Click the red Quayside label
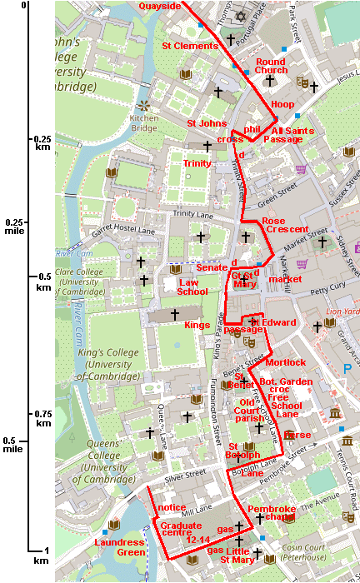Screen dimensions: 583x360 click(160, 6)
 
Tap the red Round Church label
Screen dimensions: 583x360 click(271, 67)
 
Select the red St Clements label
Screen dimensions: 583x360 click(190, 47)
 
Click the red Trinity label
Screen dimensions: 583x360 click(197, 163)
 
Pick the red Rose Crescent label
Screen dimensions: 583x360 click(285, 225)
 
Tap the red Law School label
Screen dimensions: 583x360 click(193, 287)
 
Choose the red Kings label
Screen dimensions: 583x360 click(197, 324)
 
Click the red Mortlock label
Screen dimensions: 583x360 click(286, 362)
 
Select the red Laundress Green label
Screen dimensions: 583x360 click(121, 547)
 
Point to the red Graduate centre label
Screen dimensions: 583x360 click(181, 531)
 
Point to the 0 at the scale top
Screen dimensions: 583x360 click(24, 6)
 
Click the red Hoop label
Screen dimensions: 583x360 click(283, 104)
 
